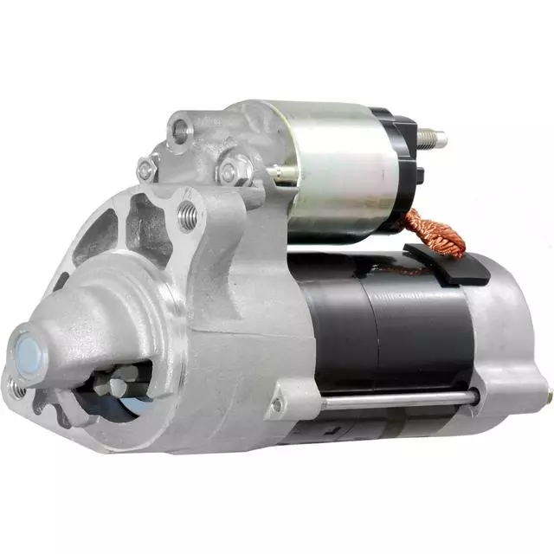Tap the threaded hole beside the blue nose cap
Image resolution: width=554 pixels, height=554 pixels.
pyautogui.click(x=16, y=390)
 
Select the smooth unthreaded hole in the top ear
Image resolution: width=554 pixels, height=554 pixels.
pyautogui.click(x=179, y=132)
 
